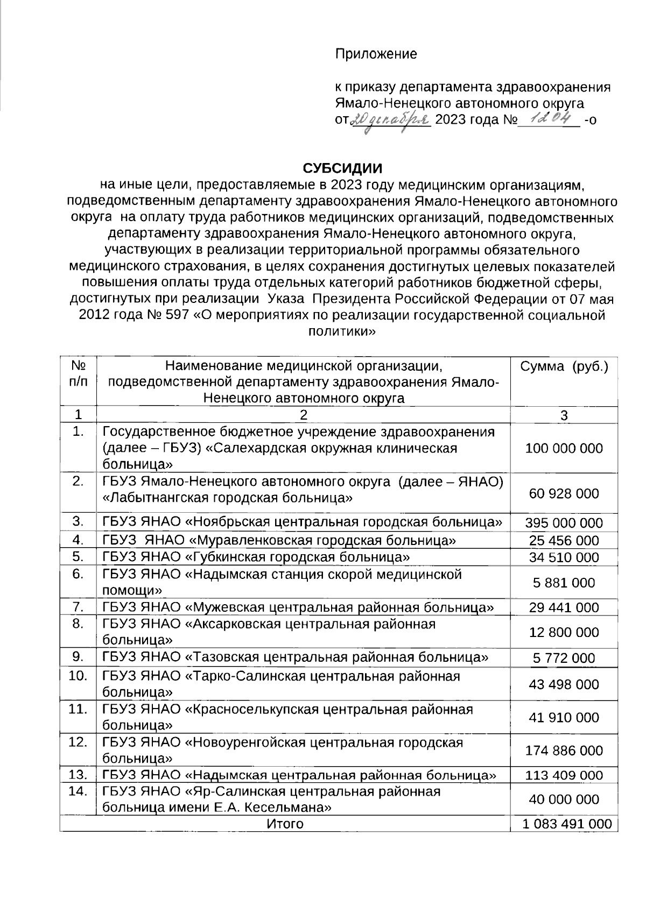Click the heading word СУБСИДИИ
click(342, 168)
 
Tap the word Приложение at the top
click(376, 54)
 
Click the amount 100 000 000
click(564, 448)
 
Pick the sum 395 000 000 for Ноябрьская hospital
click(564, 523)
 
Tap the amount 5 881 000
click(564, 583)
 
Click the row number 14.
click(78, 791)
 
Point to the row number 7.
click(78, 607)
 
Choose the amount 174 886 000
click(564, 751)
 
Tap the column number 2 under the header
click(304, 415)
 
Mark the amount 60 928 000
click(564, 493)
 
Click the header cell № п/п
click(78, 374)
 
